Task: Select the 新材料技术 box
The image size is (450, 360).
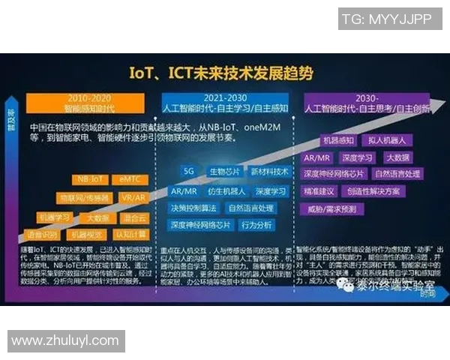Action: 269,172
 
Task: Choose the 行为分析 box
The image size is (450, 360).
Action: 256,225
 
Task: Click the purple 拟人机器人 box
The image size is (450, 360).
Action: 388,140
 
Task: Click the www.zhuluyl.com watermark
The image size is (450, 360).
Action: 65,341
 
